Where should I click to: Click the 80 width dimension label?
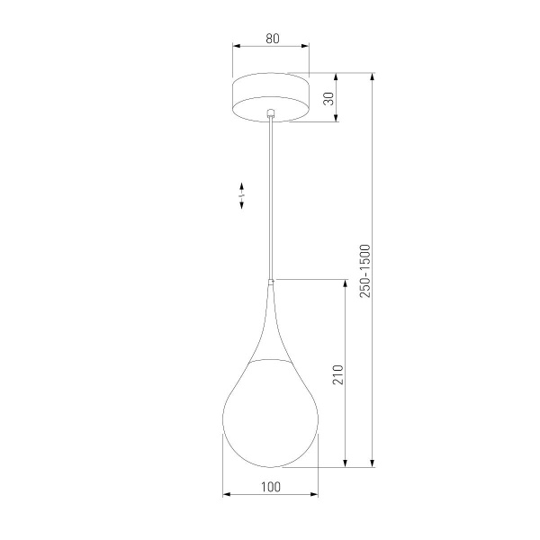271,39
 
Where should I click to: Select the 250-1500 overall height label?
364,271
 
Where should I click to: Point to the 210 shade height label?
338,373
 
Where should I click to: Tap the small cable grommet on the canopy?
270,113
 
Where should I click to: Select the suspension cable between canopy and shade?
270,198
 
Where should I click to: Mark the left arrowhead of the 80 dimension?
236,49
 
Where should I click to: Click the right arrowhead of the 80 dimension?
306,49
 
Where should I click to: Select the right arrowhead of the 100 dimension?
314,495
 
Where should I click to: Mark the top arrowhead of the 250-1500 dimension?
373,78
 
